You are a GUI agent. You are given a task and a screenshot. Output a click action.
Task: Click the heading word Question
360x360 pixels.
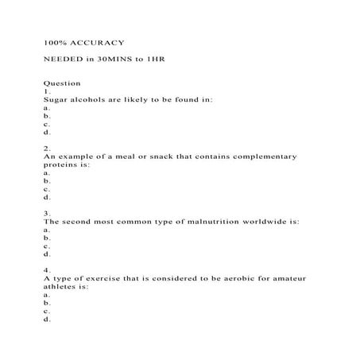point(61,82)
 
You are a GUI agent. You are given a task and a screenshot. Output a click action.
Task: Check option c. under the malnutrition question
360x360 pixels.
point(47,246)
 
